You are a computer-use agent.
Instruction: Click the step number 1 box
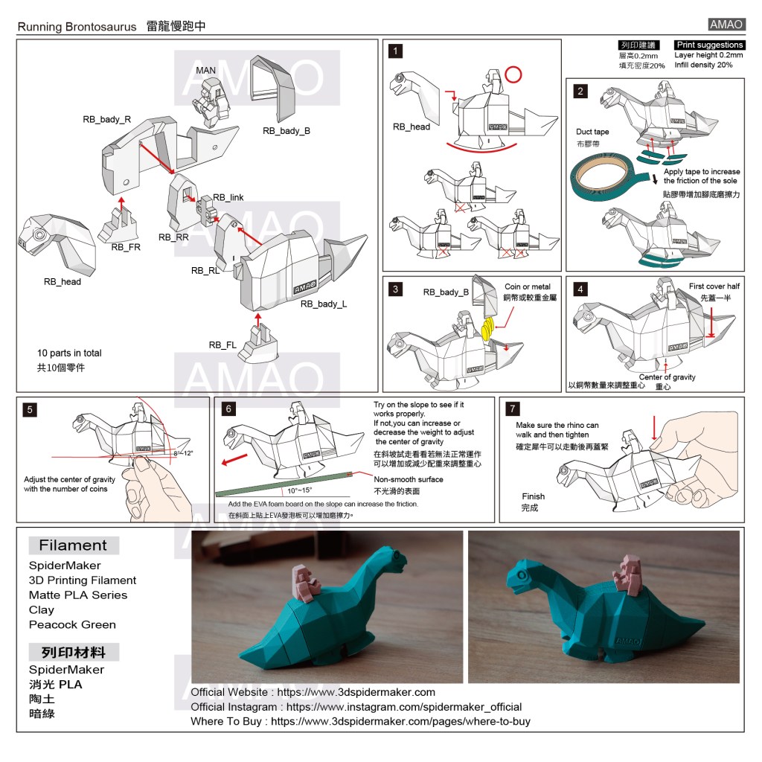397,51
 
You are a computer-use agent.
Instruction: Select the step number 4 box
581,289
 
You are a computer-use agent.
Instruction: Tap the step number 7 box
513,409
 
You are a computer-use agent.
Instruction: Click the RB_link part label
228,197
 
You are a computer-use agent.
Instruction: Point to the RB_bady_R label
106,119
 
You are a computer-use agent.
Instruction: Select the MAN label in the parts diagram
205,71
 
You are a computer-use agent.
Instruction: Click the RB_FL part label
222,345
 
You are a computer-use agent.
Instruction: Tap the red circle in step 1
513,74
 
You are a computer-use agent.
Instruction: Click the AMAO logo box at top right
726,25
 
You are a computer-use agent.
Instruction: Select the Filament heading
73,545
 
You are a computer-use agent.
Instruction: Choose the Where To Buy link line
360,721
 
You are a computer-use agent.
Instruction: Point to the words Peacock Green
72,624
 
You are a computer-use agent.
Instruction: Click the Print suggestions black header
709,45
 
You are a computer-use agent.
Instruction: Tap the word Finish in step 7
533,496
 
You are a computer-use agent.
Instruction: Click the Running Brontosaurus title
77,27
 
